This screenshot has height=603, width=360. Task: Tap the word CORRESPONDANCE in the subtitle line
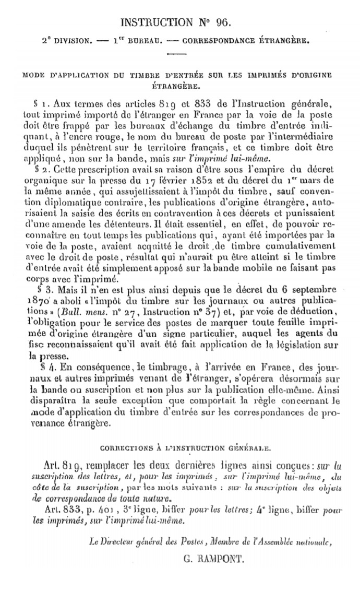point(217,40)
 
